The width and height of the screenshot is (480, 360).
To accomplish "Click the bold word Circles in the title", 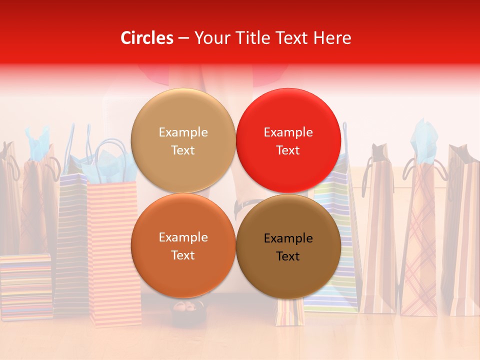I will [147, 38].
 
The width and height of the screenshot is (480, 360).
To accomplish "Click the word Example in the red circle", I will [288, 132].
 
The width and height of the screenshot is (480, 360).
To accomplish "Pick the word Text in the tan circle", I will [183, 150].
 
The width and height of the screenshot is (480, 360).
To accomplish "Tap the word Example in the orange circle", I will [183, 237].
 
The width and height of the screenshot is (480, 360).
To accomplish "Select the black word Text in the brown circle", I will [288, 256].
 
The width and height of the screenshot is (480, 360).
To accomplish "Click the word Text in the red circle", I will [288, 150].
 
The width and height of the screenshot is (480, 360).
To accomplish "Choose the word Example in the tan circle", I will [183, 132].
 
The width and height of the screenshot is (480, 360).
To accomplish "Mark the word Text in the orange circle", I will [183, 255].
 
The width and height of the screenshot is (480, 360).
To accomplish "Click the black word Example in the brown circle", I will [288, 238].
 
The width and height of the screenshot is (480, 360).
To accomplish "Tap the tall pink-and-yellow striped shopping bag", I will [114, 250].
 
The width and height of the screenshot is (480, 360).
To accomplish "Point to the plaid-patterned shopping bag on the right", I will [419, 240].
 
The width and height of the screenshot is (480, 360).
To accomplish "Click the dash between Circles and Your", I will [183, 38].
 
